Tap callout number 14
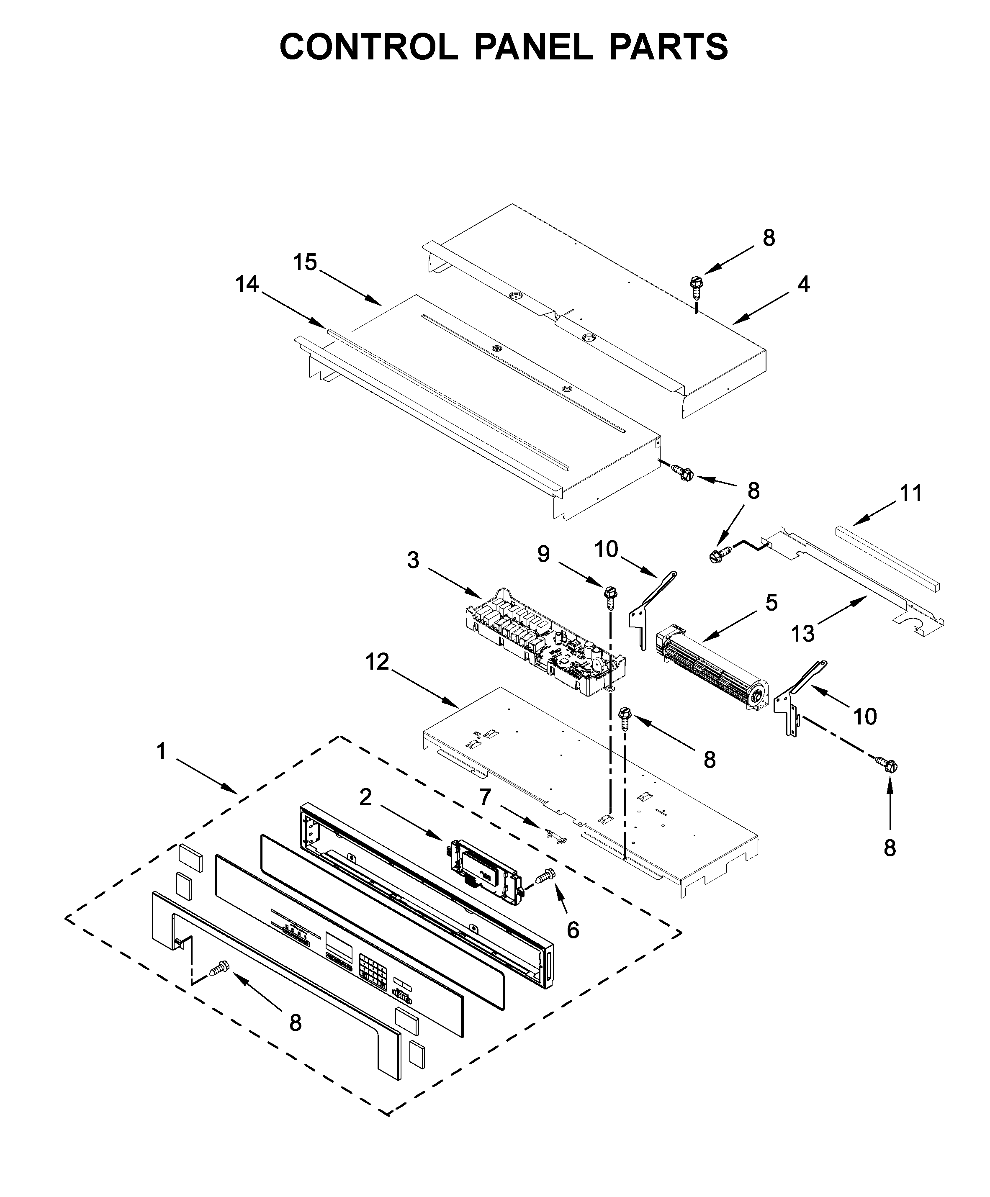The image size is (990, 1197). pos(247,284)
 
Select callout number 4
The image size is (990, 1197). pos(803,284)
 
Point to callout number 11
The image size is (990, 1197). pos(910,493)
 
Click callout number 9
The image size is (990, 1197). pos(543,553)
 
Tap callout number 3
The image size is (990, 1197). pos(413,560)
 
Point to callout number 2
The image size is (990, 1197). pos(365,797)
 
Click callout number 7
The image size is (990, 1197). pos(484,797)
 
